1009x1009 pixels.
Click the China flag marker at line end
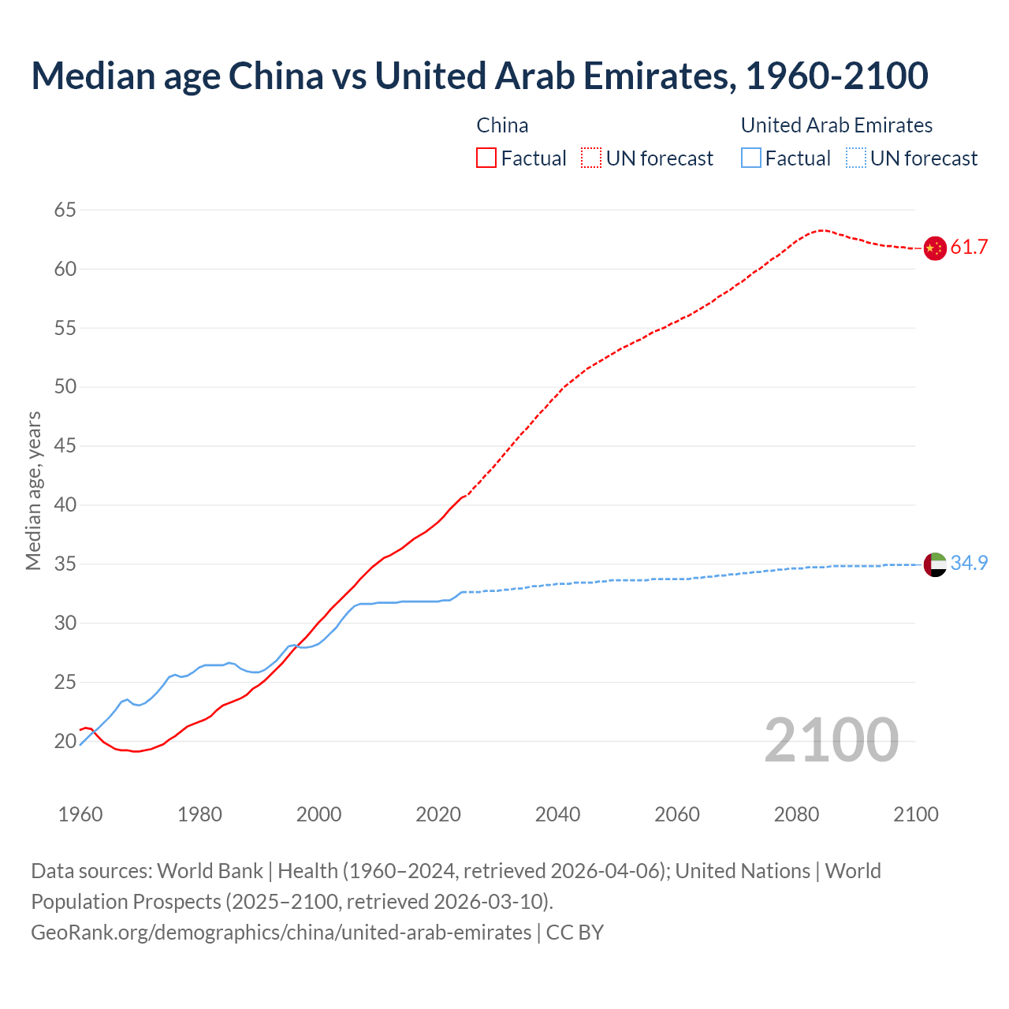(934, 248)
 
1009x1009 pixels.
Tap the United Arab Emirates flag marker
(934, 564)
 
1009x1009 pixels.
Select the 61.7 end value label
(969, 248)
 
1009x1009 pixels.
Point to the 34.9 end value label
(969, 564)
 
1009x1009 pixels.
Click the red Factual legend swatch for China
(486, 158)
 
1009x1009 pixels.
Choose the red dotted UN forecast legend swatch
(591, 158)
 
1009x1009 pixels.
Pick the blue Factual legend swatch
(751, 158)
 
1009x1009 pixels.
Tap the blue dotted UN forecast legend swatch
(856, 158)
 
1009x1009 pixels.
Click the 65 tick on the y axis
(65, 210)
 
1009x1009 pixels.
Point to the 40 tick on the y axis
(65, 505)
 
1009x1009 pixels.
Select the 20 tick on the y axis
(65, 742)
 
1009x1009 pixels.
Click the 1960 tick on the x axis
(80, 814)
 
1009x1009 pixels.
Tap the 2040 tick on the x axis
(557, 814)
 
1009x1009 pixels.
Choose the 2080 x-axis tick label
(796, 814)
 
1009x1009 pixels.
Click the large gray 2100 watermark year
(831, 740)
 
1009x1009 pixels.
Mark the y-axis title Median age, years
(33, 490)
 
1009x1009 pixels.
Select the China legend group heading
(502, 125)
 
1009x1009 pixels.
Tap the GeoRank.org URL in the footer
(281, 933)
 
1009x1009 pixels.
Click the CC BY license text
(575, 933)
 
